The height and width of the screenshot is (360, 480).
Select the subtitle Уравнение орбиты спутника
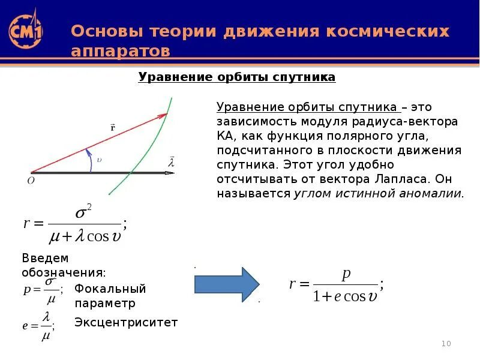coord(237,77)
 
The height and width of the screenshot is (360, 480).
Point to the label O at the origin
coord(31,180)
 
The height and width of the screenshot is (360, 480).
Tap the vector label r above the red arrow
coord(113,127)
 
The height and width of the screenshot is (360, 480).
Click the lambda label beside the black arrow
coord(171,162)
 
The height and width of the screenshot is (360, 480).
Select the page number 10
coord(446,344)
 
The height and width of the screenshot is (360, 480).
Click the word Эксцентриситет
coord(126,323)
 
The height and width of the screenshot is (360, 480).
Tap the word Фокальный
coord(110,289)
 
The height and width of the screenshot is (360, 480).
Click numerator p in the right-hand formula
coord(346,275)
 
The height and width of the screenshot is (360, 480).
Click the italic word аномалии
coord(429,193)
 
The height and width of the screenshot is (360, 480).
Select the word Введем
coord(45,258)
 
